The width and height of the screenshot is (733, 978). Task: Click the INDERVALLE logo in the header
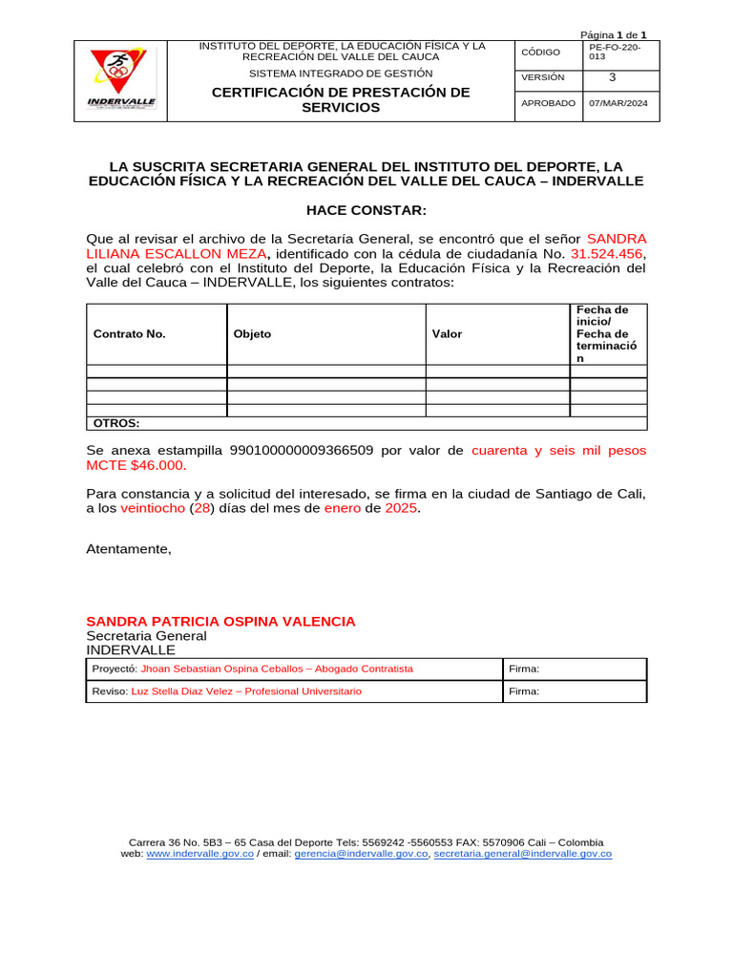point(121,81)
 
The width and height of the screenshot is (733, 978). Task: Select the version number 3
point(613,77)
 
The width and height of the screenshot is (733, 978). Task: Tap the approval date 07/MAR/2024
point(618,103)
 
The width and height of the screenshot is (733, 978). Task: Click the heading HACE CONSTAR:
point(366,210)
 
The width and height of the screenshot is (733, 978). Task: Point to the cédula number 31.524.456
point(606,253)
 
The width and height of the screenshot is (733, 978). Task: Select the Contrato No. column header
point(130,334)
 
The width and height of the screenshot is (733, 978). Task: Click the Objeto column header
point(253,334)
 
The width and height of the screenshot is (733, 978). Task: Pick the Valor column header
point(448,334)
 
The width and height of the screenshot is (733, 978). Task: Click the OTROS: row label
point(116,423)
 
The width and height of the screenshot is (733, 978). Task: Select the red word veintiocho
point(153,509)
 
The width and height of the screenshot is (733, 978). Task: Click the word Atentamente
point(129,548)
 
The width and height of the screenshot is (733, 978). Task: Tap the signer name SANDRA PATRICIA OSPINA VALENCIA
point(220,622)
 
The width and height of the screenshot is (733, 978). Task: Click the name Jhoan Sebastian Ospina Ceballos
point(223,669)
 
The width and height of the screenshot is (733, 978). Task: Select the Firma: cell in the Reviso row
point(525,691)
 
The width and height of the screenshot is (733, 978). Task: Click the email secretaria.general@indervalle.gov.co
point(522,854)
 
